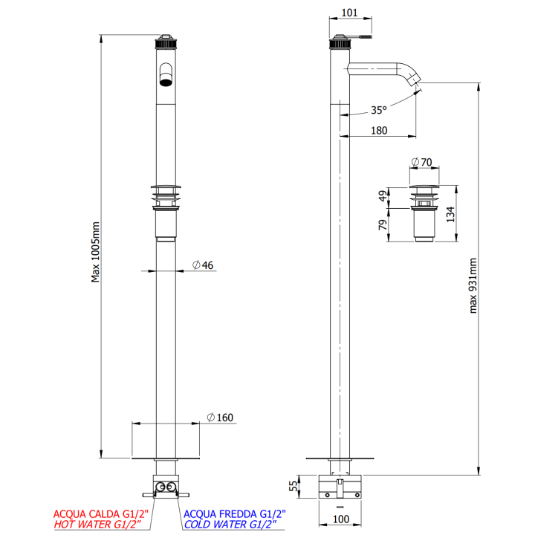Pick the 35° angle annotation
point(379,110)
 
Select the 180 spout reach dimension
point(379,131)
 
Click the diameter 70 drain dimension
point(421,161)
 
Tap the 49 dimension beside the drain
point(383,196)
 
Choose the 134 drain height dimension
point(450,214)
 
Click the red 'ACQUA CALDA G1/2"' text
point(101,513)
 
